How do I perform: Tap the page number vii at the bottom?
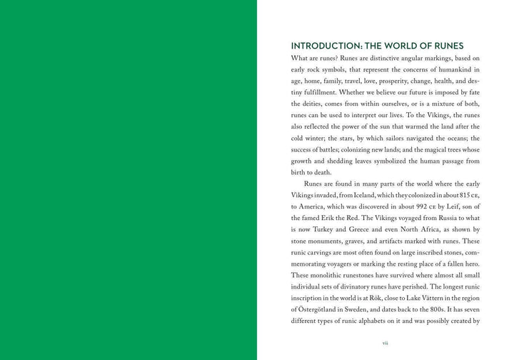(385, 343)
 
